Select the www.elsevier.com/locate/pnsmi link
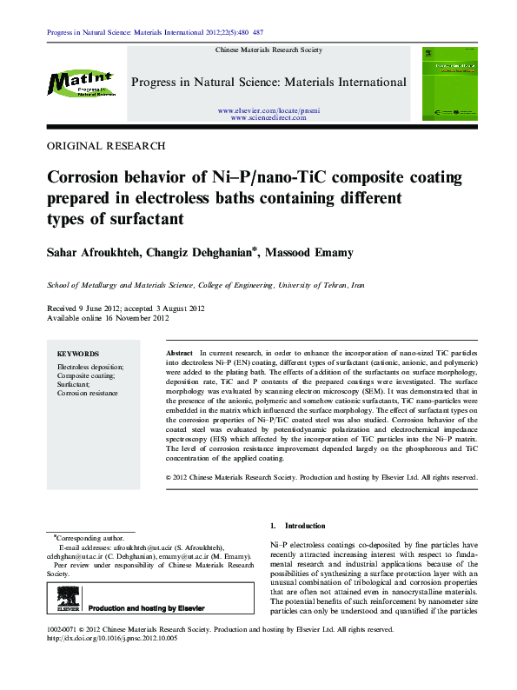(268, 111)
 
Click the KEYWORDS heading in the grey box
(78, 355)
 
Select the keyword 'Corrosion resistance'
(88, 394)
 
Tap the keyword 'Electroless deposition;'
(90, 368)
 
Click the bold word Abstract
(178, 355)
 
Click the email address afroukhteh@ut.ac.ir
(142, 547)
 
